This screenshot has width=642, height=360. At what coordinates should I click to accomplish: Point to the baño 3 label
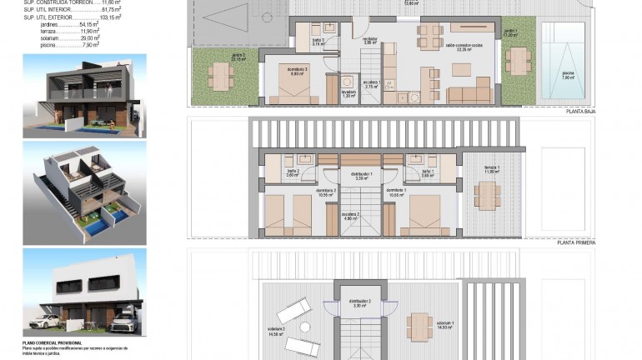pyautogui.click(x=318, y=42)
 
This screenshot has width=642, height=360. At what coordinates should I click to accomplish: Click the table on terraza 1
pyautogui.click(x=488, y=194)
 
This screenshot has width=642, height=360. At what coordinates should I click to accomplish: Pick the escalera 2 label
pyautogui.click(x=351, y=215)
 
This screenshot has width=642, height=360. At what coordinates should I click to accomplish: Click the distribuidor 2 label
pyautogui.click(x=359, y=303)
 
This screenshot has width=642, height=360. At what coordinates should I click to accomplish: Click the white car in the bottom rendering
pyautogui.click(x=48, y=320)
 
